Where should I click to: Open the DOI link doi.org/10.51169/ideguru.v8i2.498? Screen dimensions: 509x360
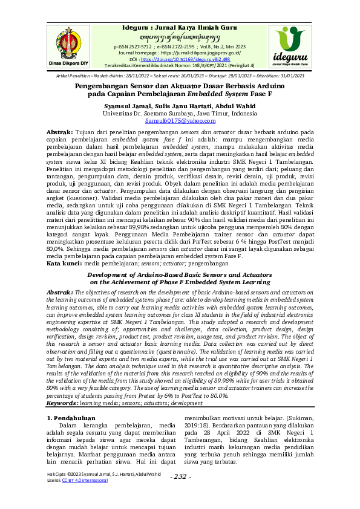tap(188, 60)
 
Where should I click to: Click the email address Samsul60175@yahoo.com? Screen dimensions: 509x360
tap(180, 121)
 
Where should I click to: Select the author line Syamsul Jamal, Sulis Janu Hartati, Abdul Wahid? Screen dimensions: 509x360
tap(180, 106)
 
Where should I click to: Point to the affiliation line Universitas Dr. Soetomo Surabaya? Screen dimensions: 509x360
tap(180, 113)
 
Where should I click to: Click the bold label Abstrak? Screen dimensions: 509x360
tap(60, 131)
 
